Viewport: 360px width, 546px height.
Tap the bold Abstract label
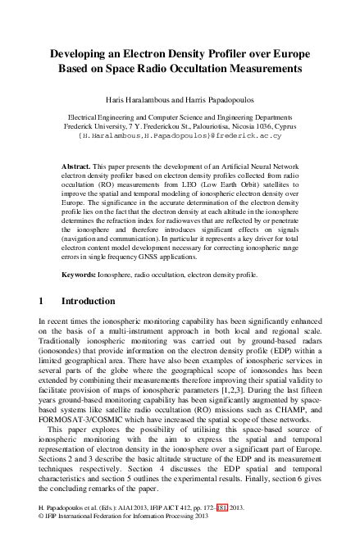(76, 166)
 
